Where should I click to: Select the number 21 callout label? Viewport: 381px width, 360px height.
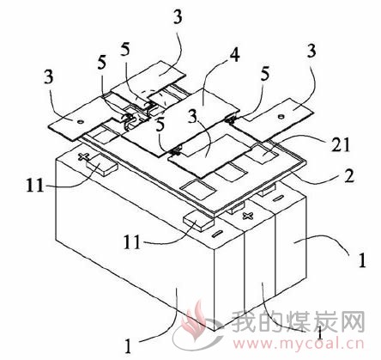coord(341,145)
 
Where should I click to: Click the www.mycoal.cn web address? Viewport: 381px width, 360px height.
coord(299,344)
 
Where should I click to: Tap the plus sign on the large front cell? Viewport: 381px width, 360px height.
coord(84,156)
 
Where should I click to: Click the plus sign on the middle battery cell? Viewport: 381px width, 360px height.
coord(248,216)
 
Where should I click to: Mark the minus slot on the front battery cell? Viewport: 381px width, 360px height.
coord(217,233)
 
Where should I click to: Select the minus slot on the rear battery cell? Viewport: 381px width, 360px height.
coord(278,198)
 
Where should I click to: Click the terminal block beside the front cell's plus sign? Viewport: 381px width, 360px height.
coord(101,165)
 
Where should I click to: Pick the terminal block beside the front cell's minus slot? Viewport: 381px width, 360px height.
coord(199,221)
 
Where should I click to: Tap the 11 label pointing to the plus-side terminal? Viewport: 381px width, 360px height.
coord(35,186)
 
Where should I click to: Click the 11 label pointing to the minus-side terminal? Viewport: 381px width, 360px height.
coord(132,242)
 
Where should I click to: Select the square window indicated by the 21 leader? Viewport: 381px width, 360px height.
coord(263,154)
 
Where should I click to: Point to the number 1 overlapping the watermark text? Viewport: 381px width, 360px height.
coord(320,333)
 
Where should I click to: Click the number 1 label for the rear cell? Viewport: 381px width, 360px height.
coord(362,260)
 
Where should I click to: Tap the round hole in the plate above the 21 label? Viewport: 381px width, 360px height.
coord(281,116)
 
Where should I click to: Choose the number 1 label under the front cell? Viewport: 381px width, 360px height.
coord(129,345)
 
